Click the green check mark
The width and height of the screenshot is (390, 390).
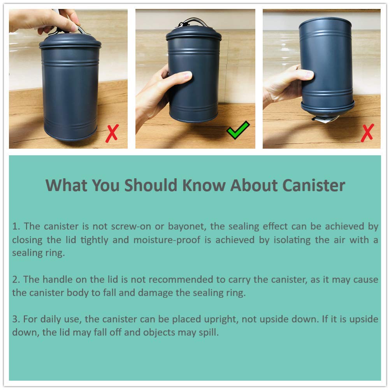tap(238, 130)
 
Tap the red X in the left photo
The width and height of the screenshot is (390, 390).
tap(112, 134)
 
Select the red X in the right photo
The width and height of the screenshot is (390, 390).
tap(367, 133)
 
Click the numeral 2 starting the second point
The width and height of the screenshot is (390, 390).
tap(16, 280)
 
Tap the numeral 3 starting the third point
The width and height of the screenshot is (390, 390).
tap(16, 320)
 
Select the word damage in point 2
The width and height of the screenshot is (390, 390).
tap(155, 293)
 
